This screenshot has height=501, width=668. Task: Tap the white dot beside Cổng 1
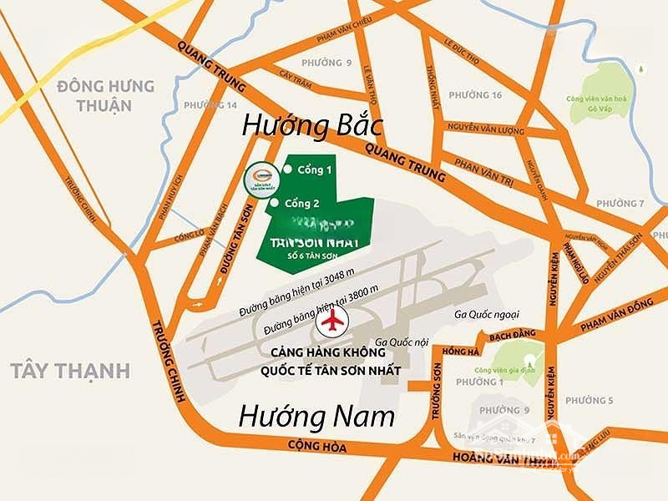(288, 170)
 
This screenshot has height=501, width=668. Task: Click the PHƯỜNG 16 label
(474, 95)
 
